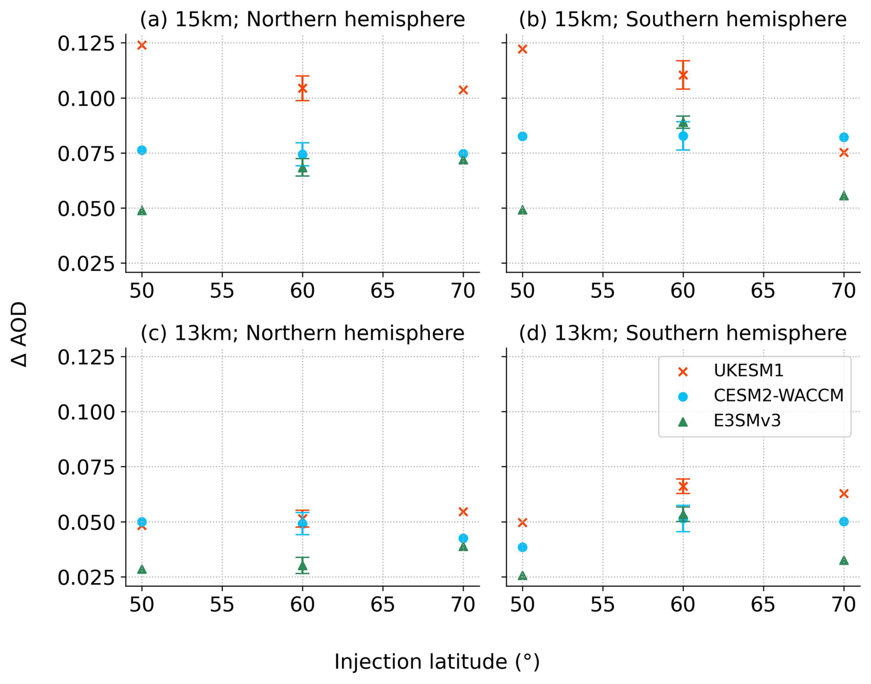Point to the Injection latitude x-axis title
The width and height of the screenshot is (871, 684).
(436, 661)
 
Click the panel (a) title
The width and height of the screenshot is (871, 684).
(302, 19)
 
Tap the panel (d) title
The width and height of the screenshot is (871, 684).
(683, 333)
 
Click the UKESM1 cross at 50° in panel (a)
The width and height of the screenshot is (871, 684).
(142, 45)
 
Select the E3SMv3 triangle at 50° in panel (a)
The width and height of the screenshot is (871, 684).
(142, 211)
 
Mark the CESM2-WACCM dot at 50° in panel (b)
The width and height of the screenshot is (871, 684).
(522, 136)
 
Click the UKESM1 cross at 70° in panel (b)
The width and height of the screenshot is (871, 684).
(843, 152)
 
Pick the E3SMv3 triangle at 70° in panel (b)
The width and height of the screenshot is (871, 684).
(843, 196)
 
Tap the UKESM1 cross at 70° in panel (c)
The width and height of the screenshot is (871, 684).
(463, 512)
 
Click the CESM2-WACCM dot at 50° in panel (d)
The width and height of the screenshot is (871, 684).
(522, 547)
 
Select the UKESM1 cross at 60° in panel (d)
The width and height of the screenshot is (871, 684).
(683, 487)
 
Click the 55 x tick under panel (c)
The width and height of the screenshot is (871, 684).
(222, 604)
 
